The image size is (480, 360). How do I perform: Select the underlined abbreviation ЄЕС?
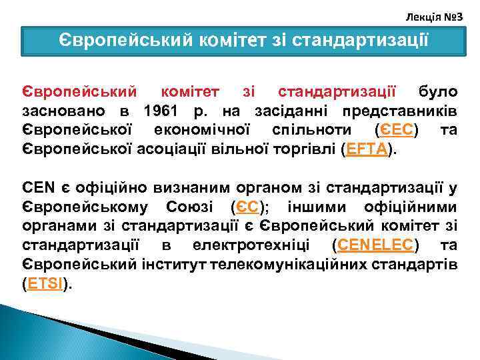[397, 129]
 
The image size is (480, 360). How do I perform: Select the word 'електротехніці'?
[257, 244]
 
